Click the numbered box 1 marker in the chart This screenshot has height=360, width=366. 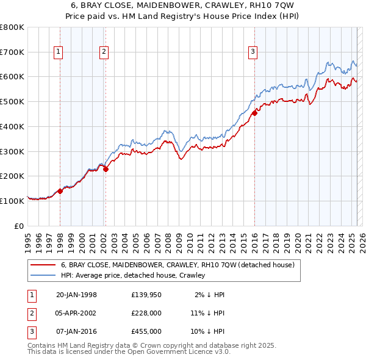[59, 52]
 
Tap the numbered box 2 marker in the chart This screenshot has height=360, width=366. [104, 52]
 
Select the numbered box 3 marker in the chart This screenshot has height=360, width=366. [253, 52]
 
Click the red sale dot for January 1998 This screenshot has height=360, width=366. [60, 191]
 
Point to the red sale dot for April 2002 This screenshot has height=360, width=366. [106, 169]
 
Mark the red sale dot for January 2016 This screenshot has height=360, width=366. [254, 113]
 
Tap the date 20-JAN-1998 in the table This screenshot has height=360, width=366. [76, 295]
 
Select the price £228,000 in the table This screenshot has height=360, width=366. [146, 313]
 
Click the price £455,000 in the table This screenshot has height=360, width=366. [146, 331]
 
